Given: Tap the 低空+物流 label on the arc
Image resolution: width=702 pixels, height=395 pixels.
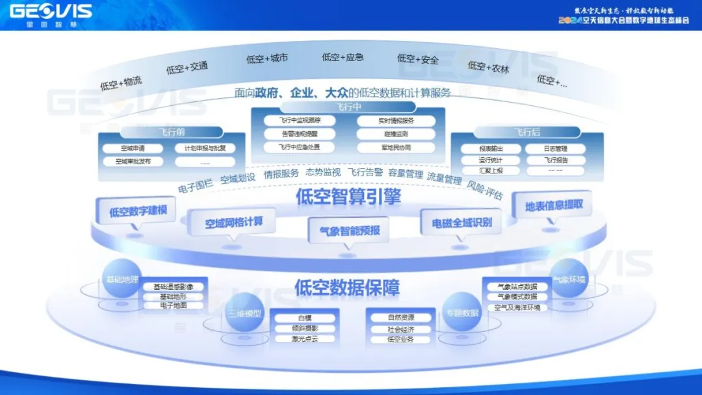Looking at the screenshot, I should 121,83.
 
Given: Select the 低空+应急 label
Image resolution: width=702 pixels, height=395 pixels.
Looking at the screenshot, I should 343,57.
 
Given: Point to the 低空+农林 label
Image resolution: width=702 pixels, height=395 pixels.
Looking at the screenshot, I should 488,66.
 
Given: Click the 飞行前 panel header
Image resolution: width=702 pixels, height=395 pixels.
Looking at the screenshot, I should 172,132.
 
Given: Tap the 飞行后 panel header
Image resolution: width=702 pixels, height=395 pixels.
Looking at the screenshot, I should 526,132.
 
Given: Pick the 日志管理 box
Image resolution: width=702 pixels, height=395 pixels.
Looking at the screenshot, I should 556,149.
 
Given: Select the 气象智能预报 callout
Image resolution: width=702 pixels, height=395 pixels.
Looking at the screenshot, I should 349,230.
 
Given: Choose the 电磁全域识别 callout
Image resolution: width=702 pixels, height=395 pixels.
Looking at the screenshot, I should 462,223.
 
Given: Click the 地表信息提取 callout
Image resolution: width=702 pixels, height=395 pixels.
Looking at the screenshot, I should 554,205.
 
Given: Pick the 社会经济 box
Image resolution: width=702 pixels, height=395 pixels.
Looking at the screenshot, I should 400,329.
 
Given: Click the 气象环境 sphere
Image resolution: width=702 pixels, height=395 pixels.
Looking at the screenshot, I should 569,279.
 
